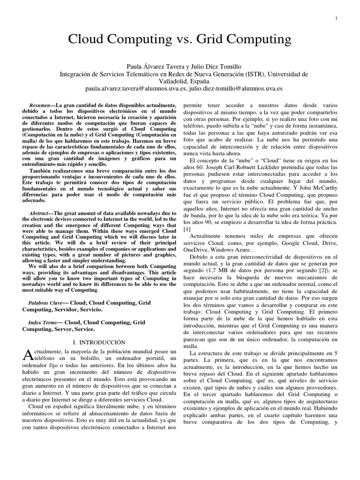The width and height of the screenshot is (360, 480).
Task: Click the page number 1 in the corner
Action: click(x=337, y=18)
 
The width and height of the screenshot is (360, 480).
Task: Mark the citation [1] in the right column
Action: click(x=187, y=229)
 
